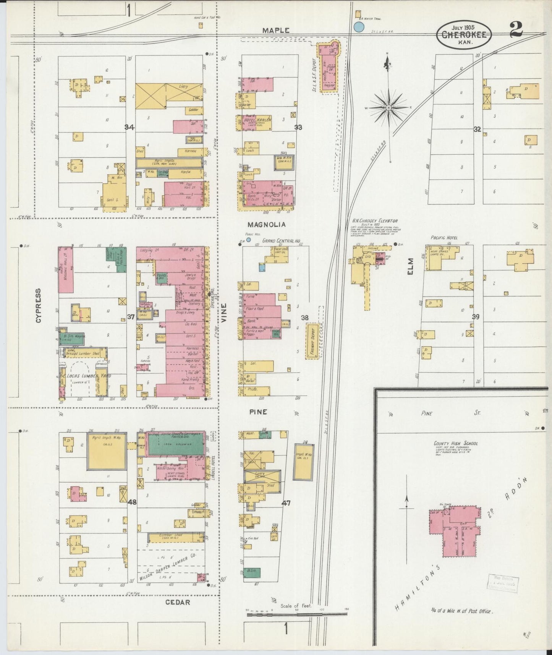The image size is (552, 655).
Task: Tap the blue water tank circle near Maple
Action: pyautogui.click(x=359, y=27)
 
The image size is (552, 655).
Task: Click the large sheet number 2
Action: pyautogui.click(x=516, y=30)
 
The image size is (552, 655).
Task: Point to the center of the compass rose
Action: pyautogui.click(x=389, y=108)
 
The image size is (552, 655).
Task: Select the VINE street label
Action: pyautogui.click(x=224, y=313)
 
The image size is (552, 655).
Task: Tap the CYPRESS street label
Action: pyautogui.click(x=38, y=306)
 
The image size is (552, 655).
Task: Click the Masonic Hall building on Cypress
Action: pyautogui.click(x=66, y=270)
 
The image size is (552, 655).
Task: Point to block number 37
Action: pyautogui.click(x=131, y=317)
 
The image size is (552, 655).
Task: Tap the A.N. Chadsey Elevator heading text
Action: pyautogui.click(x=375, y=221)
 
